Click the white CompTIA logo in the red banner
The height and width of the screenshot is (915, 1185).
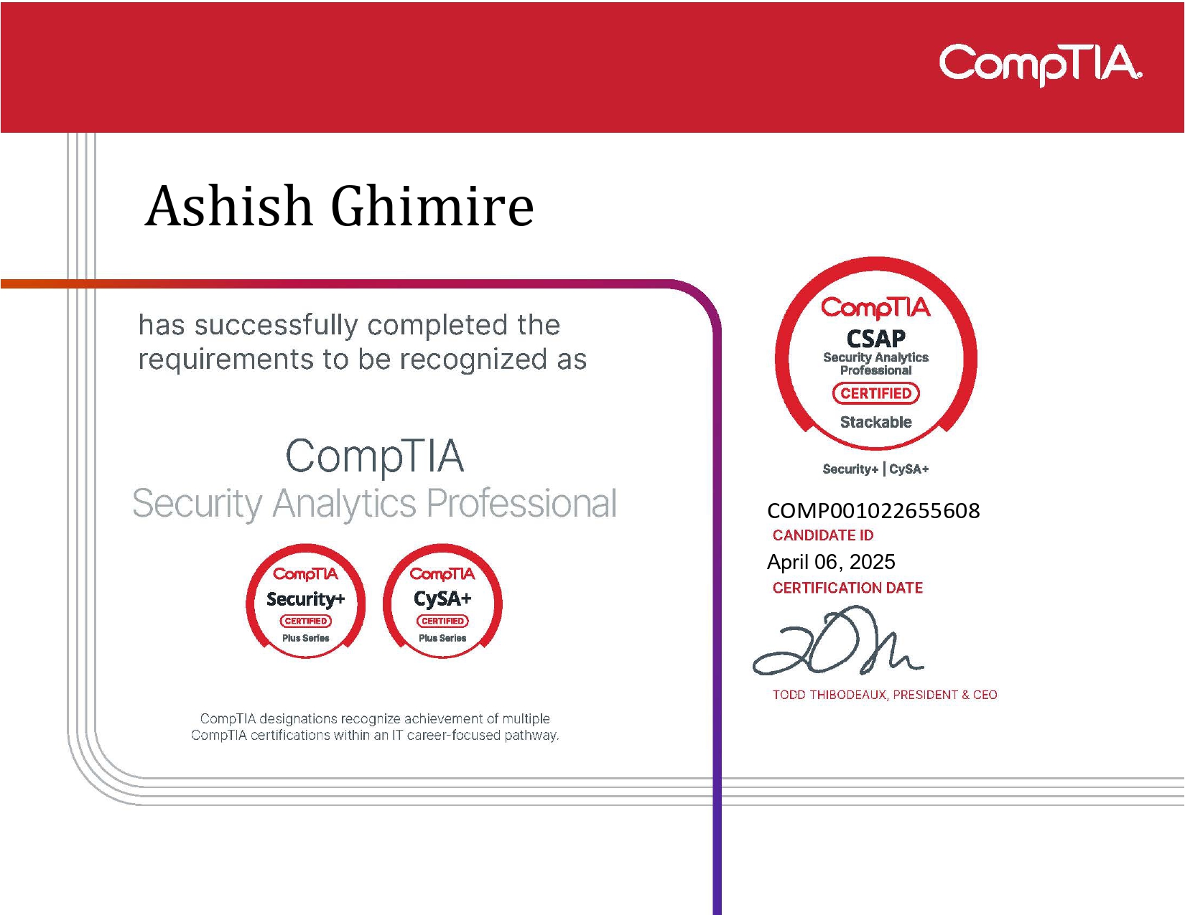coord(1040,64)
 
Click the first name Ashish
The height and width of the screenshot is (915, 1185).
coord(229,207)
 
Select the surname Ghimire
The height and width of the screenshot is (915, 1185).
coord(432,207)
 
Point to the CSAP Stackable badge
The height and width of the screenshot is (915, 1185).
coord(875,352)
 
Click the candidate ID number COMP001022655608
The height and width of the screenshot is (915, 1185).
coord(873,511)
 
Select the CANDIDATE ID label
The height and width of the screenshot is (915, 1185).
coord(823,535)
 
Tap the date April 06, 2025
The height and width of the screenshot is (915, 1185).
coord(831,562)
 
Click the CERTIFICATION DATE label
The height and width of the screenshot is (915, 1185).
coord(847,588)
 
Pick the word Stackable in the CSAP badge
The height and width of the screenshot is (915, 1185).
coord(875,422)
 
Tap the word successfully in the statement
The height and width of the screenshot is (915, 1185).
coord(276,326)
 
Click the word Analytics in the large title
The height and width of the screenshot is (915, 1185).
coord(344,504)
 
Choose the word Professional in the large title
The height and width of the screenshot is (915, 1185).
coord(521,504)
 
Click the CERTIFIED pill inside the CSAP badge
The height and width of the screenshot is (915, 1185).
coord(875,393)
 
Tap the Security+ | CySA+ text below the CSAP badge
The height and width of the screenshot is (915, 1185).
coord(875,469)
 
